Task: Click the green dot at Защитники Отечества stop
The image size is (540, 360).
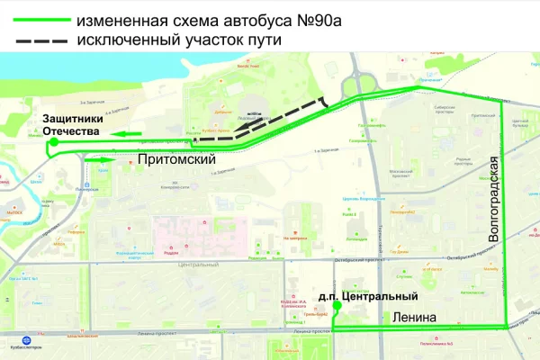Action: tap(54, 142)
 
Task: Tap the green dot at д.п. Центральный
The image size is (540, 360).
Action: tap(337, 306)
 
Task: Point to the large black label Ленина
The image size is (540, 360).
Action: tap(415, 317)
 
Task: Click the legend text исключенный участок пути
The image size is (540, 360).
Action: tap(180, 40)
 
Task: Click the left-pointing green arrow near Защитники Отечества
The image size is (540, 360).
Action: tap(127, 135)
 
